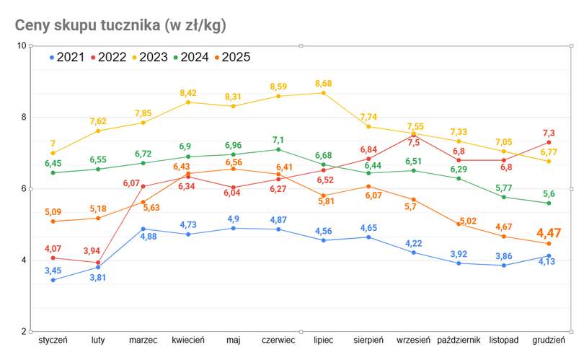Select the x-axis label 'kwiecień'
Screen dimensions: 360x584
[x=187, y=340]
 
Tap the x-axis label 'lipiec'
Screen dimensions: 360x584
[x=323, y=340]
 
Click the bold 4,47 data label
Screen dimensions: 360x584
[x=549, y=233]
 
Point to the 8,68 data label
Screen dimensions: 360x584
[x=324, y=84]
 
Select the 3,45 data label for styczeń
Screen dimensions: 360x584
[x=53, y=271]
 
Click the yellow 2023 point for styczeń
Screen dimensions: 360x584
[x=53, y=153]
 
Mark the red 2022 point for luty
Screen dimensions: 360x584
[x=98, y=263]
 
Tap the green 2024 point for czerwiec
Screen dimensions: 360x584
[x=278, y=149]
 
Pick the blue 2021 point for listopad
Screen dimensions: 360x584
[x=504, y=265]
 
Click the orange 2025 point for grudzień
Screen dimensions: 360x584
[x=549, y=244]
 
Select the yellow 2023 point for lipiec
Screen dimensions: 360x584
[x=324, y=93]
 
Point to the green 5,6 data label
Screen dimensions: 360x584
[x=549, y=193]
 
